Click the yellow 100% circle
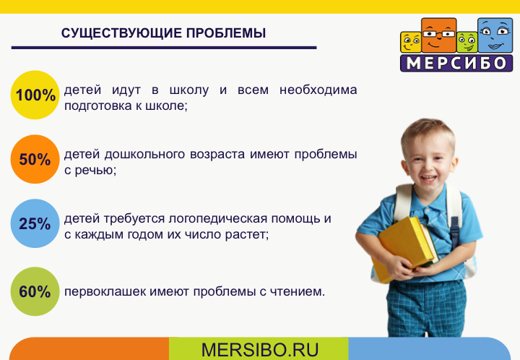pos(35,95)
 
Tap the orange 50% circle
pos(35,159)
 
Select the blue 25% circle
pos(35,223)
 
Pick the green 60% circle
pos(35,291)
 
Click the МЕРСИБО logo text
pos(456,63)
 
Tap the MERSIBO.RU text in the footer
pos(259,350)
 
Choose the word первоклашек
pos(100,292)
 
